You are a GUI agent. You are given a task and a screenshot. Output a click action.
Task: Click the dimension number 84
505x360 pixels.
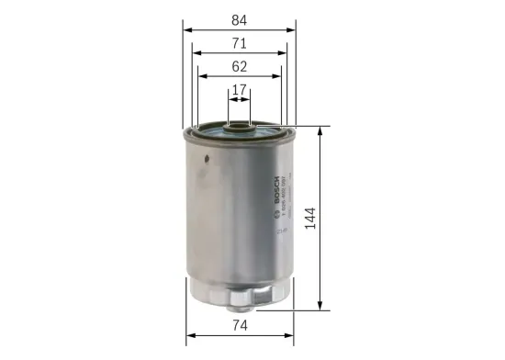click(x=239, y=19)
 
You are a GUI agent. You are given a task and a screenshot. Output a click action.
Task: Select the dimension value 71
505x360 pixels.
click(x=239, y=43)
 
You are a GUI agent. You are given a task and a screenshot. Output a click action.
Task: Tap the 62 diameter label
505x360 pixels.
click(x=239, y=66)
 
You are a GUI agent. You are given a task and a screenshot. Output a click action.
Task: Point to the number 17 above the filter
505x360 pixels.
click(x=239, y=90)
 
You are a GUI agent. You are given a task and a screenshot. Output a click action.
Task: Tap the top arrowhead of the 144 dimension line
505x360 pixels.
click(x=320, y=129)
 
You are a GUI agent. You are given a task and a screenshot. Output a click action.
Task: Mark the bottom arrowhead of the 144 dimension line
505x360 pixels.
click(x=320, y=307)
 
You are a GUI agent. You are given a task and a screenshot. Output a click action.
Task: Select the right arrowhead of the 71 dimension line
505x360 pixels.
click(x=283, y=52)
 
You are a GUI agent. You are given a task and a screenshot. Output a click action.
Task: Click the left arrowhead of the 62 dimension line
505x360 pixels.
click(x=201, y=76)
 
